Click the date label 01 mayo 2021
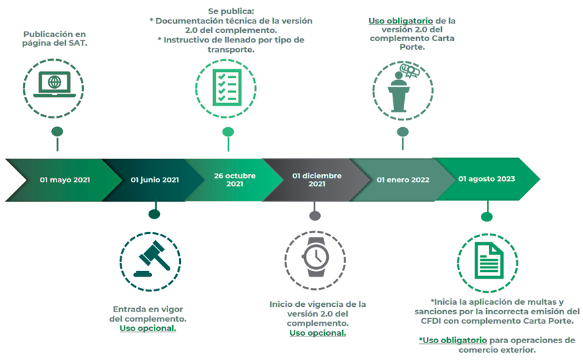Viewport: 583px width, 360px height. click(65, 180)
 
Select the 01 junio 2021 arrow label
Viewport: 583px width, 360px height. click(155, 180)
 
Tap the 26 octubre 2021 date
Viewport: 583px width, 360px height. click(235, 180)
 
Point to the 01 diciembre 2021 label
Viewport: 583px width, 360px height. click(317, 180)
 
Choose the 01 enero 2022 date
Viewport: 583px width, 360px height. click(403, 180)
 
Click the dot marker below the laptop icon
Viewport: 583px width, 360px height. click(57, 131)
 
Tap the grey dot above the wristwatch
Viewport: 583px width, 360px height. click(315, 215)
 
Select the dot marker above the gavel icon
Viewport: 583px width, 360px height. click(154, 214)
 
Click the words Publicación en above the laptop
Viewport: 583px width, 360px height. click(54, 34)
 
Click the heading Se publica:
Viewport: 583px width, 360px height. click(231, 11)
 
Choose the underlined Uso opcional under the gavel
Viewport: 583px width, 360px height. click(148, 328)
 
